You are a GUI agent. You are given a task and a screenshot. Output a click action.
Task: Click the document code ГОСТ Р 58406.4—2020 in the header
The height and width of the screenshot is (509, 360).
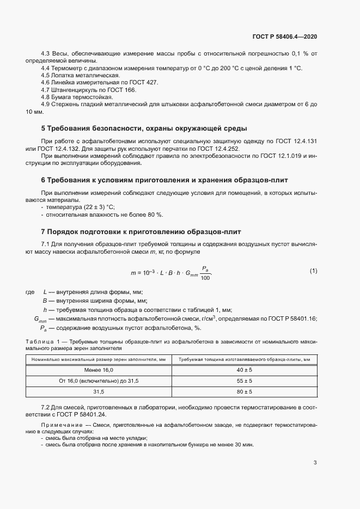click(285, 36)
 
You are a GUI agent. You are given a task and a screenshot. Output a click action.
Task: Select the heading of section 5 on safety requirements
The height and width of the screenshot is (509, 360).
click(144, 128)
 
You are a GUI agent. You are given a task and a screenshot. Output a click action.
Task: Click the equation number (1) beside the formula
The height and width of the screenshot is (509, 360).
click(313, 271)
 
